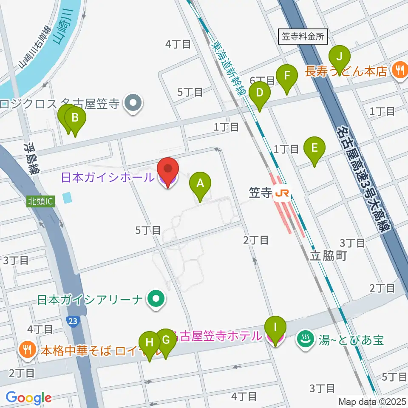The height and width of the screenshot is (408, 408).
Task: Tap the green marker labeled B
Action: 75,118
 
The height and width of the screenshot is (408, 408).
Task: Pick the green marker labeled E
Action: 314,148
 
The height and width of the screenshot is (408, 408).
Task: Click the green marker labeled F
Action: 287,76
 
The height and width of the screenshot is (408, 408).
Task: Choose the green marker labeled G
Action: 165,340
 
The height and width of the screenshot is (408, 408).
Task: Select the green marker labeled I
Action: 275,328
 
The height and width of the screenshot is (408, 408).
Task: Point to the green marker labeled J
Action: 339,56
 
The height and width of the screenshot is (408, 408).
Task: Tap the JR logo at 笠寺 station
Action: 282,194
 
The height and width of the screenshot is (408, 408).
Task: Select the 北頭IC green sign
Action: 41,201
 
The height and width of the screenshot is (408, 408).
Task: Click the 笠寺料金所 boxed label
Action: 303,37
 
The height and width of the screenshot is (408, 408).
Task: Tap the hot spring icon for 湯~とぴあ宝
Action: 304,339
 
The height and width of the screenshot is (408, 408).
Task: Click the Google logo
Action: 28,398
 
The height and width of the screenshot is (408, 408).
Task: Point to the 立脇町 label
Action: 329,255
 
